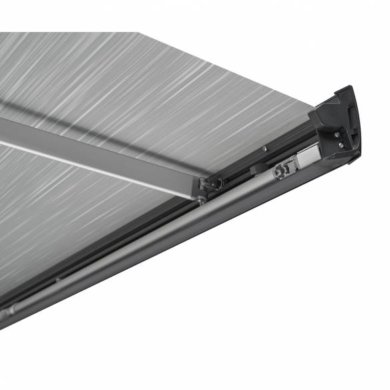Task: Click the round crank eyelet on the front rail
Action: click(x=278, y=172)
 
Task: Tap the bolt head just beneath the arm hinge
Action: click(x=201, y=198)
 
